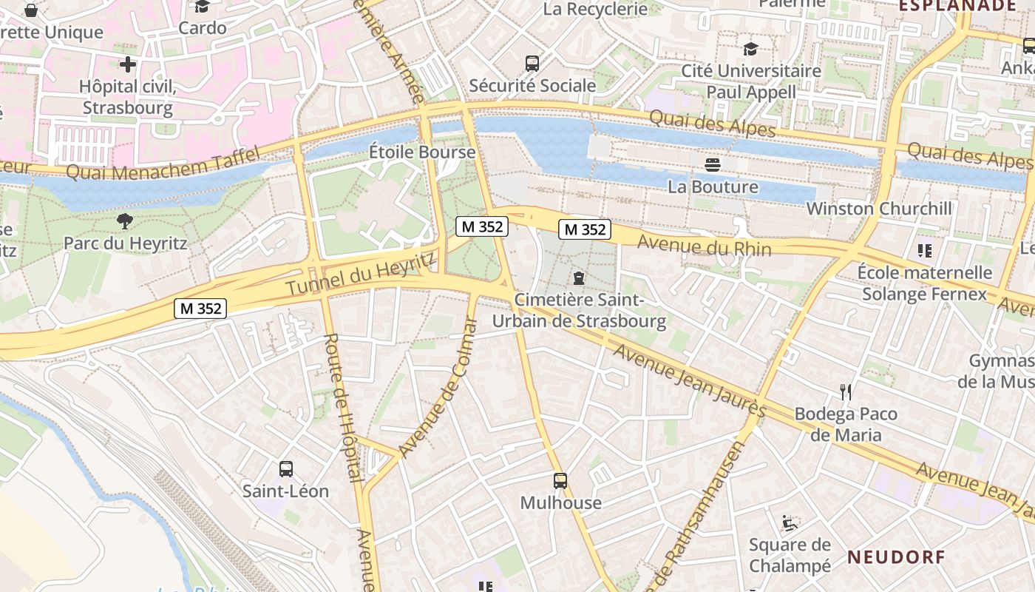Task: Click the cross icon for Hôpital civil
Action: pyautogui.click(x=128, y=64)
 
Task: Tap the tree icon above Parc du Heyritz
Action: pyautogui.click(x=125, y=221)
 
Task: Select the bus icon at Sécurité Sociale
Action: pyautogui.click(x=532, y=64)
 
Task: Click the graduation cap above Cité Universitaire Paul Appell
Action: pyautogui.click(x=751, y=50)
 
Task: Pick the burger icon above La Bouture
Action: pyautogui.click(x=713, y=164)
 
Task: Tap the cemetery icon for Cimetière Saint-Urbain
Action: pyautogui.click(x=578, y=278)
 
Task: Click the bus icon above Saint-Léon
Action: pyautogui.click(x=286, y=468)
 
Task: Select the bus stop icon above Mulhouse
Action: pyautogui.click(x=560, y=481)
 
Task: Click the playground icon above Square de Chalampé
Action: pyautogui.click(x=790, y=523)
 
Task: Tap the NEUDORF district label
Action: pyautogui.click(x=896, y=556)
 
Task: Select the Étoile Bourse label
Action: pyautogui.click(x=422, y=152)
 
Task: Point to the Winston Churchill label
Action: pyautogui.click(x=879, y=209)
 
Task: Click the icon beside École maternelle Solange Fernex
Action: pyautogui.click(x=924, y=251)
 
